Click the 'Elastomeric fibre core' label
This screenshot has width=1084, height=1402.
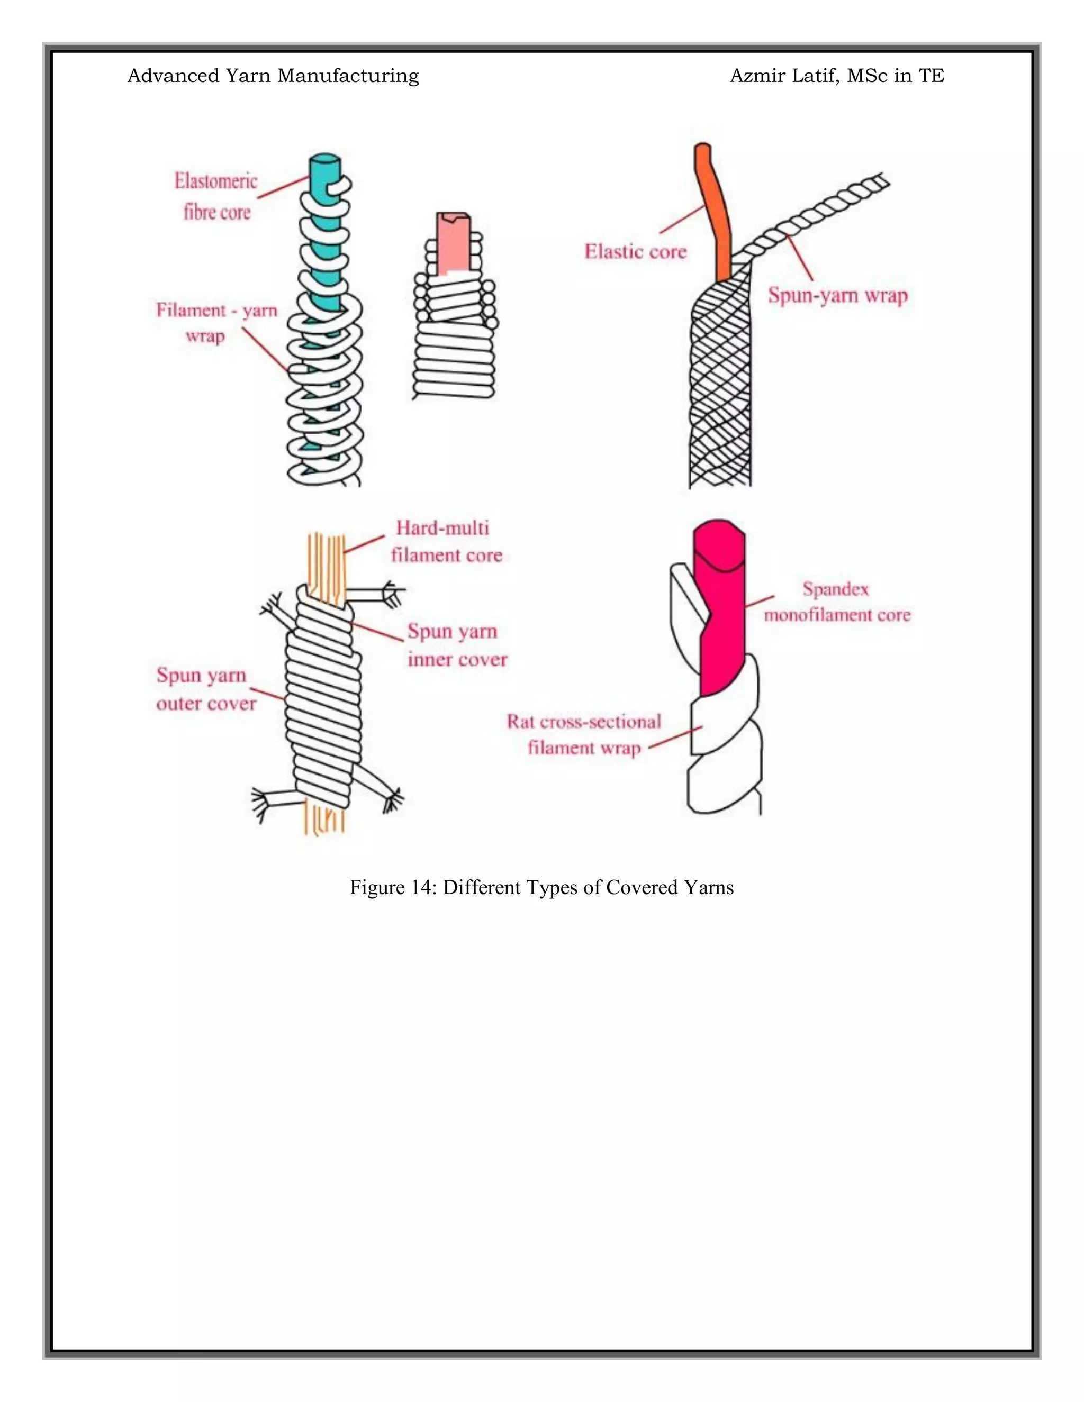216,196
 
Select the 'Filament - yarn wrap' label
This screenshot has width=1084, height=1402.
216,323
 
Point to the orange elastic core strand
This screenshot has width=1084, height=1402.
717,212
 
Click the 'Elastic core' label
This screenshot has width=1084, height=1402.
635,252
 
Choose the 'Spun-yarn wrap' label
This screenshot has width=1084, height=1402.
837,295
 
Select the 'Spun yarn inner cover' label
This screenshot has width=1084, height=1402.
457,645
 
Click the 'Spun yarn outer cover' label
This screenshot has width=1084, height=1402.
205,689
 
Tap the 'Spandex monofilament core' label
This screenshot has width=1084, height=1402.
836,602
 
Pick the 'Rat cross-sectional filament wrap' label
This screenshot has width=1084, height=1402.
583,734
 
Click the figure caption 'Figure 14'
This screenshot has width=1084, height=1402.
541,887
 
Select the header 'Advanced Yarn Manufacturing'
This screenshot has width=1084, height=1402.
273,76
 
